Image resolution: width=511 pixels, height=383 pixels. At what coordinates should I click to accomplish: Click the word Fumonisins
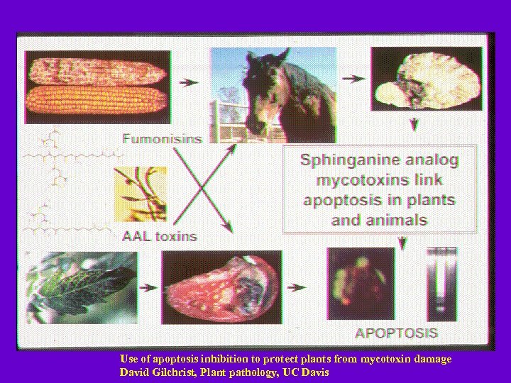tap(162, 138)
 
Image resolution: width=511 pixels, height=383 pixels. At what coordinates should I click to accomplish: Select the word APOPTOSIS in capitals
tap(396, 332)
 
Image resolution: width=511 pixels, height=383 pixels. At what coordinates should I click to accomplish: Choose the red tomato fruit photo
tap(221, 287)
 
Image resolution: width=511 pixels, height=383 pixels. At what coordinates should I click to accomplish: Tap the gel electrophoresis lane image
tap(441, 284)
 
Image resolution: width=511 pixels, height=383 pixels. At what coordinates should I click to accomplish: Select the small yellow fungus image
tap(141, 194)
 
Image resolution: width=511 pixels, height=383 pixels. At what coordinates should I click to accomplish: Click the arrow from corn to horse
tap(188, 82)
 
